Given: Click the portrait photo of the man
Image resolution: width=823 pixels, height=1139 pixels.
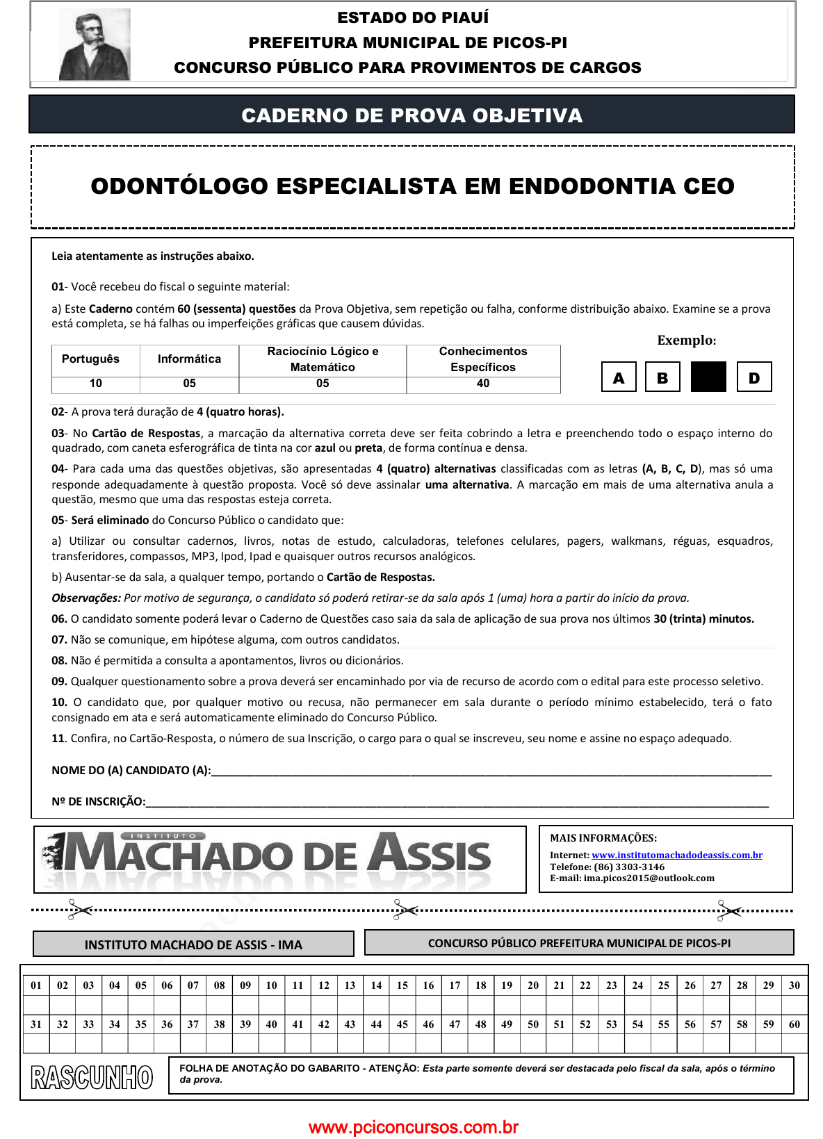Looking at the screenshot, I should (x=95, y=44).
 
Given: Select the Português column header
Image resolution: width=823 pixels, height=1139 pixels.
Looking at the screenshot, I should (x=90, y=359).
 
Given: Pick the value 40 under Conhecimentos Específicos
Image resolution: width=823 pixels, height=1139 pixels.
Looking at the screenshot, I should (x=483, y=384).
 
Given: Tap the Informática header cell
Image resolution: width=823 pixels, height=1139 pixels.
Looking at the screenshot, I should (x=189, y=359).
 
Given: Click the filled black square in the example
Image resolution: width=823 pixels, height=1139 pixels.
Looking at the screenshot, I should (x=708, y=377).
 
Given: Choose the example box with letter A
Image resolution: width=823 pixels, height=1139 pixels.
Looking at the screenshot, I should (x=619, y=377).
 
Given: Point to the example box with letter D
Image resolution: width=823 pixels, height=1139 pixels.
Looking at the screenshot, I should (x=754, y=377).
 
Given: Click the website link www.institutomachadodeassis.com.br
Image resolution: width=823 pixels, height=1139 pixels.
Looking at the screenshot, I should (x=676, y=855).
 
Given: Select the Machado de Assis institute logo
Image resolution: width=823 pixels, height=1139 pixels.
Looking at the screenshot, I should (x=278, y=859).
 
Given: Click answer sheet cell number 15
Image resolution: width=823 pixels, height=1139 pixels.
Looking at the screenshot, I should (x=402, y=985).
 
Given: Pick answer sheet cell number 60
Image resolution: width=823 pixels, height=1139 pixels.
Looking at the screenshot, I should (x=795, y=1024).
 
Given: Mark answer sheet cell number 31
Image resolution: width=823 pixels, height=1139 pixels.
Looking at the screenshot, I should (x=36, y=1024).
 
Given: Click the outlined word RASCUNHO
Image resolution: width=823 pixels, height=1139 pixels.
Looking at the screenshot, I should (x=92, y=1077).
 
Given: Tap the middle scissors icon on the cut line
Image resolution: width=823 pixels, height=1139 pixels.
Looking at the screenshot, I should (x=405, y=910).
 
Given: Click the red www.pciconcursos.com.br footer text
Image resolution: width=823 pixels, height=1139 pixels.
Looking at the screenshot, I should (x=413, y=1127).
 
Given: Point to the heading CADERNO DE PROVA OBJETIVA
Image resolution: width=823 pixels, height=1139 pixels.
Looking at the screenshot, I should (x=411, y=115).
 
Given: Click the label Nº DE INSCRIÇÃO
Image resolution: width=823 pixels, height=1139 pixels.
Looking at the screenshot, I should (x=99, y=802).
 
